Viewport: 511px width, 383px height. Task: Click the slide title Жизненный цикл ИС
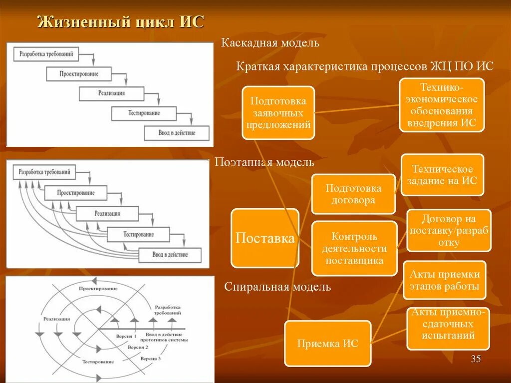point(121,23)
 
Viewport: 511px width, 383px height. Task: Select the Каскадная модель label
point(270,42)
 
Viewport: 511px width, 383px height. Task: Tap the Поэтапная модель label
point(264,162)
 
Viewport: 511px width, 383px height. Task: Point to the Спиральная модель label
point(277,287)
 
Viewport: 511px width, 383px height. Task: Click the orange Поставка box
point(265,238)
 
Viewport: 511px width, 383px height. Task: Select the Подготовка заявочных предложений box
point(278,113)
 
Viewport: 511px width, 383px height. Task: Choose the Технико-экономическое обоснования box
point(442,105)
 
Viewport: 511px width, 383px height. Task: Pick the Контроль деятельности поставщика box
point(354,248)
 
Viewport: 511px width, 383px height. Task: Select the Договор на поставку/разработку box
point(449,230)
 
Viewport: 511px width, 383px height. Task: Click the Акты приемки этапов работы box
point(444,280)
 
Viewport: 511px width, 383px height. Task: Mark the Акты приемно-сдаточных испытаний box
point(448,328)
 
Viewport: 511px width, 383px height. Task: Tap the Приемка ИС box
point(327,344)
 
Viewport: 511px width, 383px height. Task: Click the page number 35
point(476,359)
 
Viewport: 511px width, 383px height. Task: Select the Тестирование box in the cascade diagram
point(143,113)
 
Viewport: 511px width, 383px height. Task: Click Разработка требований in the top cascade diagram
point(46,53)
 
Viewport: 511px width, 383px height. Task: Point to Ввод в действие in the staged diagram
point(170,255)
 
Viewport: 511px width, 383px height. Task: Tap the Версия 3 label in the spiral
point(150,358)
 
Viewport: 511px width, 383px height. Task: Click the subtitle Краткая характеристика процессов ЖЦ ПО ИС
point(365,66)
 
